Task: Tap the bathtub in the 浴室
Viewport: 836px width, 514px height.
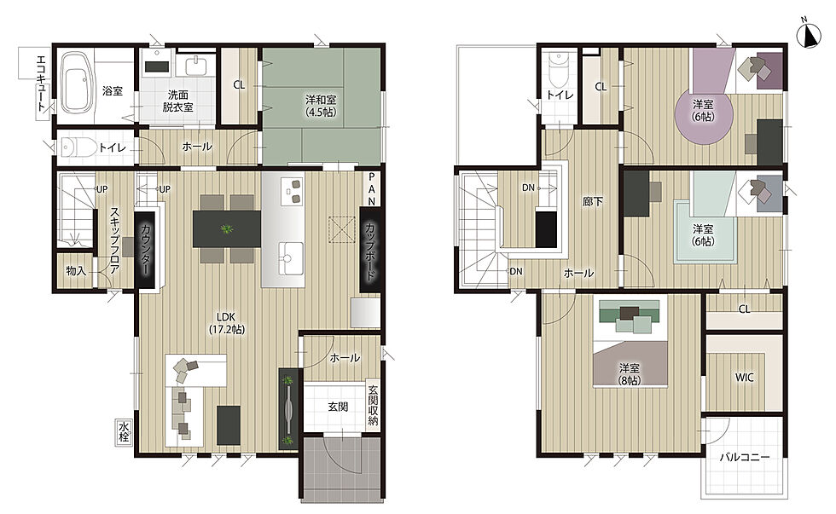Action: pos(75,83)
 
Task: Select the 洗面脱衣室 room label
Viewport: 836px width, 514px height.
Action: pos(177,101)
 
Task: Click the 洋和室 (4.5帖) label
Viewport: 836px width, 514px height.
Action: pos(321,106)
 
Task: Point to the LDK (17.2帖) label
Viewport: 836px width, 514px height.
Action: pos(227,323)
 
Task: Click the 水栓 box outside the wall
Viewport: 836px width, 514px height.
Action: pos(124,432)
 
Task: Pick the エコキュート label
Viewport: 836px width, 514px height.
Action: pos(41,83)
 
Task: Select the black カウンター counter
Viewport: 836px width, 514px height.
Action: pos(147,251)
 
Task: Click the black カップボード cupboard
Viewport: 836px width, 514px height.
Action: pos(370,251)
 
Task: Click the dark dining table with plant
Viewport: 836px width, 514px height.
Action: pos(227,228)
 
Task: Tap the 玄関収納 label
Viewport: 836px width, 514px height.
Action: pos(374,406)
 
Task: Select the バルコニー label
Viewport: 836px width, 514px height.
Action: pos(744,457)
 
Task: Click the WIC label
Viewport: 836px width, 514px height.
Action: pos(744,377)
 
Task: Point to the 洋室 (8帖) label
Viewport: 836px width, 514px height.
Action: pos(630,374)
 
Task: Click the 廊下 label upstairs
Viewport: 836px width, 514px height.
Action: pos(592,201)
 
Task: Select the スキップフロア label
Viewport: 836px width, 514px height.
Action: pos(114,240)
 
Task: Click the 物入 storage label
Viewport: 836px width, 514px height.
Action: pos(76,270)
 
